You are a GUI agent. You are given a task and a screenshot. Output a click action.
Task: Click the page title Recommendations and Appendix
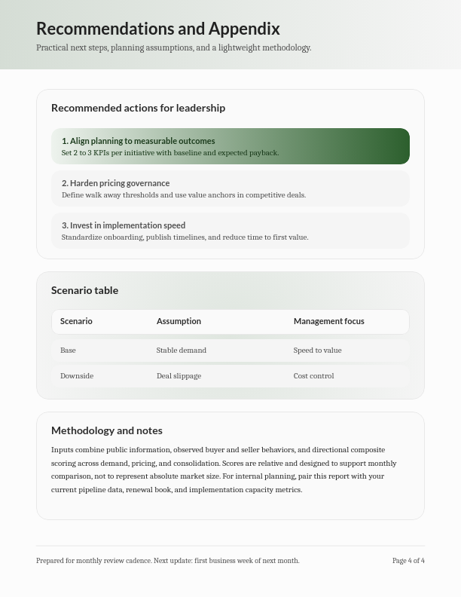point(157,29)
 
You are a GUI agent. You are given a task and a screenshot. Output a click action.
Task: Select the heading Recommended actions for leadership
point(138,108)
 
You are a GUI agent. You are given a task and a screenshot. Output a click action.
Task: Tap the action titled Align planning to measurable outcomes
point(139,141)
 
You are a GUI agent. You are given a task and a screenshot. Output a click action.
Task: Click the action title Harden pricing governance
point(116,183)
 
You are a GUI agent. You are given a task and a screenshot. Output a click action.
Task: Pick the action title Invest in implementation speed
point(124,225)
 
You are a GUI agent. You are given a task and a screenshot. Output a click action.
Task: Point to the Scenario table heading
point(84,290)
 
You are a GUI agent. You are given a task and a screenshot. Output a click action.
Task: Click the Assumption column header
point(179,321)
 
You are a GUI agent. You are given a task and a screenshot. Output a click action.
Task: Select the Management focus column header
point(328,321)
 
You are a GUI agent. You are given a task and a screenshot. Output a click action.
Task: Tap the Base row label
point(68,351)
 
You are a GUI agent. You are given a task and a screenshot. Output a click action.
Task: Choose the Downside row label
point(77,376)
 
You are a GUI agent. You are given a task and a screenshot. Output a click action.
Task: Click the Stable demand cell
point(181,351)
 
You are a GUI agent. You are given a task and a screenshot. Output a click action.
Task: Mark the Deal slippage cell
point(179,376)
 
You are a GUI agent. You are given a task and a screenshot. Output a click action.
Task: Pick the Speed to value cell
point(317,351)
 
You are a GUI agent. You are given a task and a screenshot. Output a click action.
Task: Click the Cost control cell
point(313,376)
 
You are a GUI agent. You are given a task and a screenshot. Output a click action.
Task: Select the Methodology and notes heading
point(106,430)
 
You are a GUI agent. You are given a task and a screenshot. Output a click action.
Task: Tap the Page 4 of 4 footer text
point(408,561)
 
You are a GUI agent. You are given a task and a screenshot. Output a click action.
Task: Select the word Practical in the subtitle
point(52,47)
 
